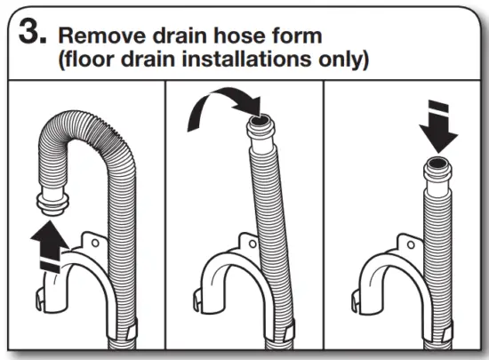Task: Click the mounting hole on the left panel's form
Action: coord(92,239)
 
